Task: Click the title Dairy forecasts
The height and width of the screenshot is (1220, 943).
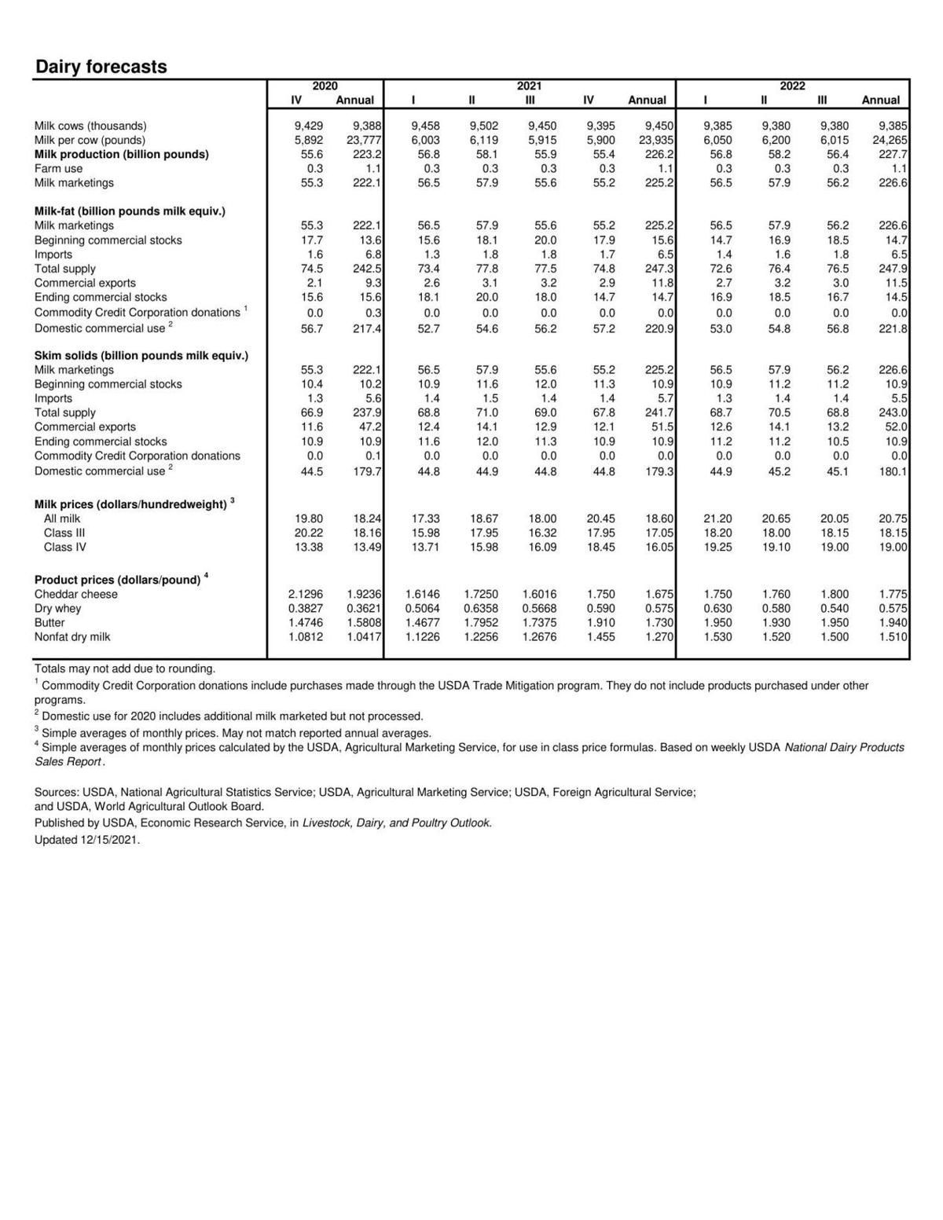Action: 101,67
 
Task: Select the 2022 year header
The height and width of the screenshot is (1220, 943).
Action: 792,86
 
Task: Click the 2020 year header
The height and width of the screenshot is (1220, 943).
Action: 325,86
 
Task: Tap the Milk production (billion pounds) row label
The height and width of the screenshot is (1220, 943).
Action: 121,154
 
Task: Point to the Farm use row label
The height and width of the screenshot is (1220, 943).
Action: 58,168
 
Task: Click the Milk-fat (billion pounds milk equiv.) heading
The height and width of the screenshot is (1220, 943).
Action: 130,211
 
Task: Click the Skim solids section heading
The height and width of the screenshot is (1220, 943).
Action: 141,355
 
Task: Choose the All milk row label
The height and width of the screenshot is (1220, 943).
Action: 62,518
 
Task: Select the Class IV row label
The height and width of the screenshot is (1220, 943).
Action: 64,547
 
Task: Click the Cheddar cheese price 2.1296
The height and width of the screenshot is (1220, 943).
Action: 305,594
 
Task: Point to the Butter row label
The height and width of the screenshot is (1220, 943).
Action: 50,622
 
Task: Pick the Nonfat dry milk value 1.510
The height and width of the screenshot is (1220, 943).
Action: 893,636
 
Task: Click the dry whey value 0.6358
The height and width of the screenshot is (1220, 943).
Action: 480,608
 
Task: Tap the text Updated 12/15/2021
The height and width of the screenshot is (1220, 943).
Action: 86,839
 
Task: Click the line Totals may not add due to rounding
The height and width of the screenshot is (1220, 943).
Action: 124,669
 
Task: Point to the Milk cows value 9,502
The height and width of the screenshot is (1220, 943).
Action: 483,126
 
